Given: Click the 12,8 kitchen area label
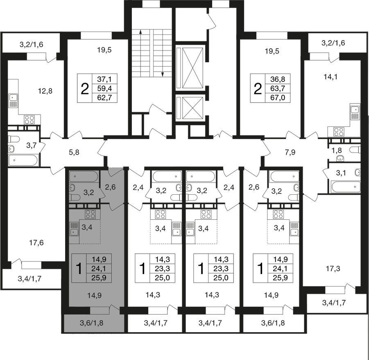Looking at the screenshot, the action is tap(45, 91).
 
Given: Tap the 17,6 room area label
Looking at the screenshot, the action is tap(36, 243).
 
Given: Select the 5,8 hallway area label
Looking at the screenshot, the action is tap(74, 152).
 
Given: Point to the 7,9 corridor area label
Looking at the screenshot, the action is tap(290, 152).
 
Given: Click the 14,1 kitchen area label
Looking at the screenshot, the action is tap(331, 76).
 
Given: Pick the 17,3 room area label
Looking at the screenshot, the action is tap(333, 268).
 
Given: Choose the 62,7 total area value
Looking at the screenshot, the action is tap(104, 97).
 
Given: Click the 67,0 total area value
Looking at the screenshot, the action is tap(278, 97).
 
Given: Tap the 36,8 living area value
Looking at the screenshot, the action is tap(278, 79).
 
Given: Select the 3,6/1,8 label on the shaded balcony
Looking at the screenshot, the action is tap(92, 323).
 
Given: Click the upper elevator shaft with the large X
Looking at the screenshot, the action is tap(192, 68).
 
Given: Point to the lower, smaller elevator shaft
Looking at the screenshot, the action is tap(192, 108).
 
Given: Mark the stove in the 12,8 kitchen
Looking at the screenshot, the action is tap(29, 120).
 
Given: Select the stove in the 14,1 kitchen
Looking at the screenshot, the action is tap(339, 132).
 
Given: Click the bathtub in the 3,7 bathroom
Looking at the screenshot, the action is tap(23, 160).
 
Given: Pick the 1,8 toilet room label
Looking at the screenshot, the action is tap(337, 150).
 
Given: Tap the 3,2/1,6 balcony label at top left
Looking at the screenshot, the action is tap(31, 45).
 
